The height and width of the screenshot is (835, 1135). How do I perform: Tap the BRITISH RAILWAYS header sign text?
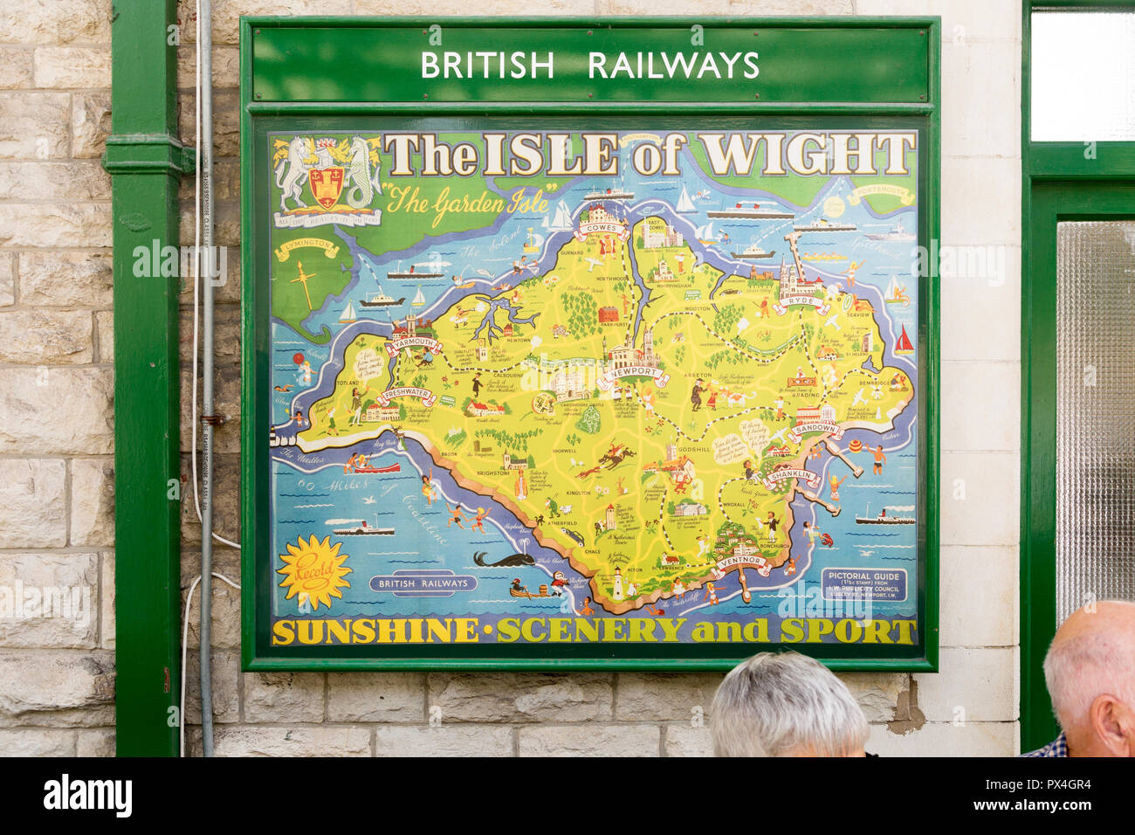click(589, 66)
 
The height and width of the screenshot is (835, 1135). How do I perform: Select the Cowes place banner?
click(602, 229)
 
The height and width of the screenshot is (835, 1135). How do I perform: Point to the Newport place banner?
click(633, 373)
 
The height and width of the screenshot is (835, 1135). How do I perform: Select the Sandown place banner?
click(817, 430)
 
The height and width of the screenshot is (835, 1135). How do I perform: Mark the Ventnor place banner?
click(743, 562)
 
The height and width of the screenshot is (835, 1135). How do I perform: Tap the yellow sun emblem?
click(313, 573)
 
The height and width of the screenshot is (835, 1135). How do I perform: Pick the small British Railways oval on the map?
click(423, 583)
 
